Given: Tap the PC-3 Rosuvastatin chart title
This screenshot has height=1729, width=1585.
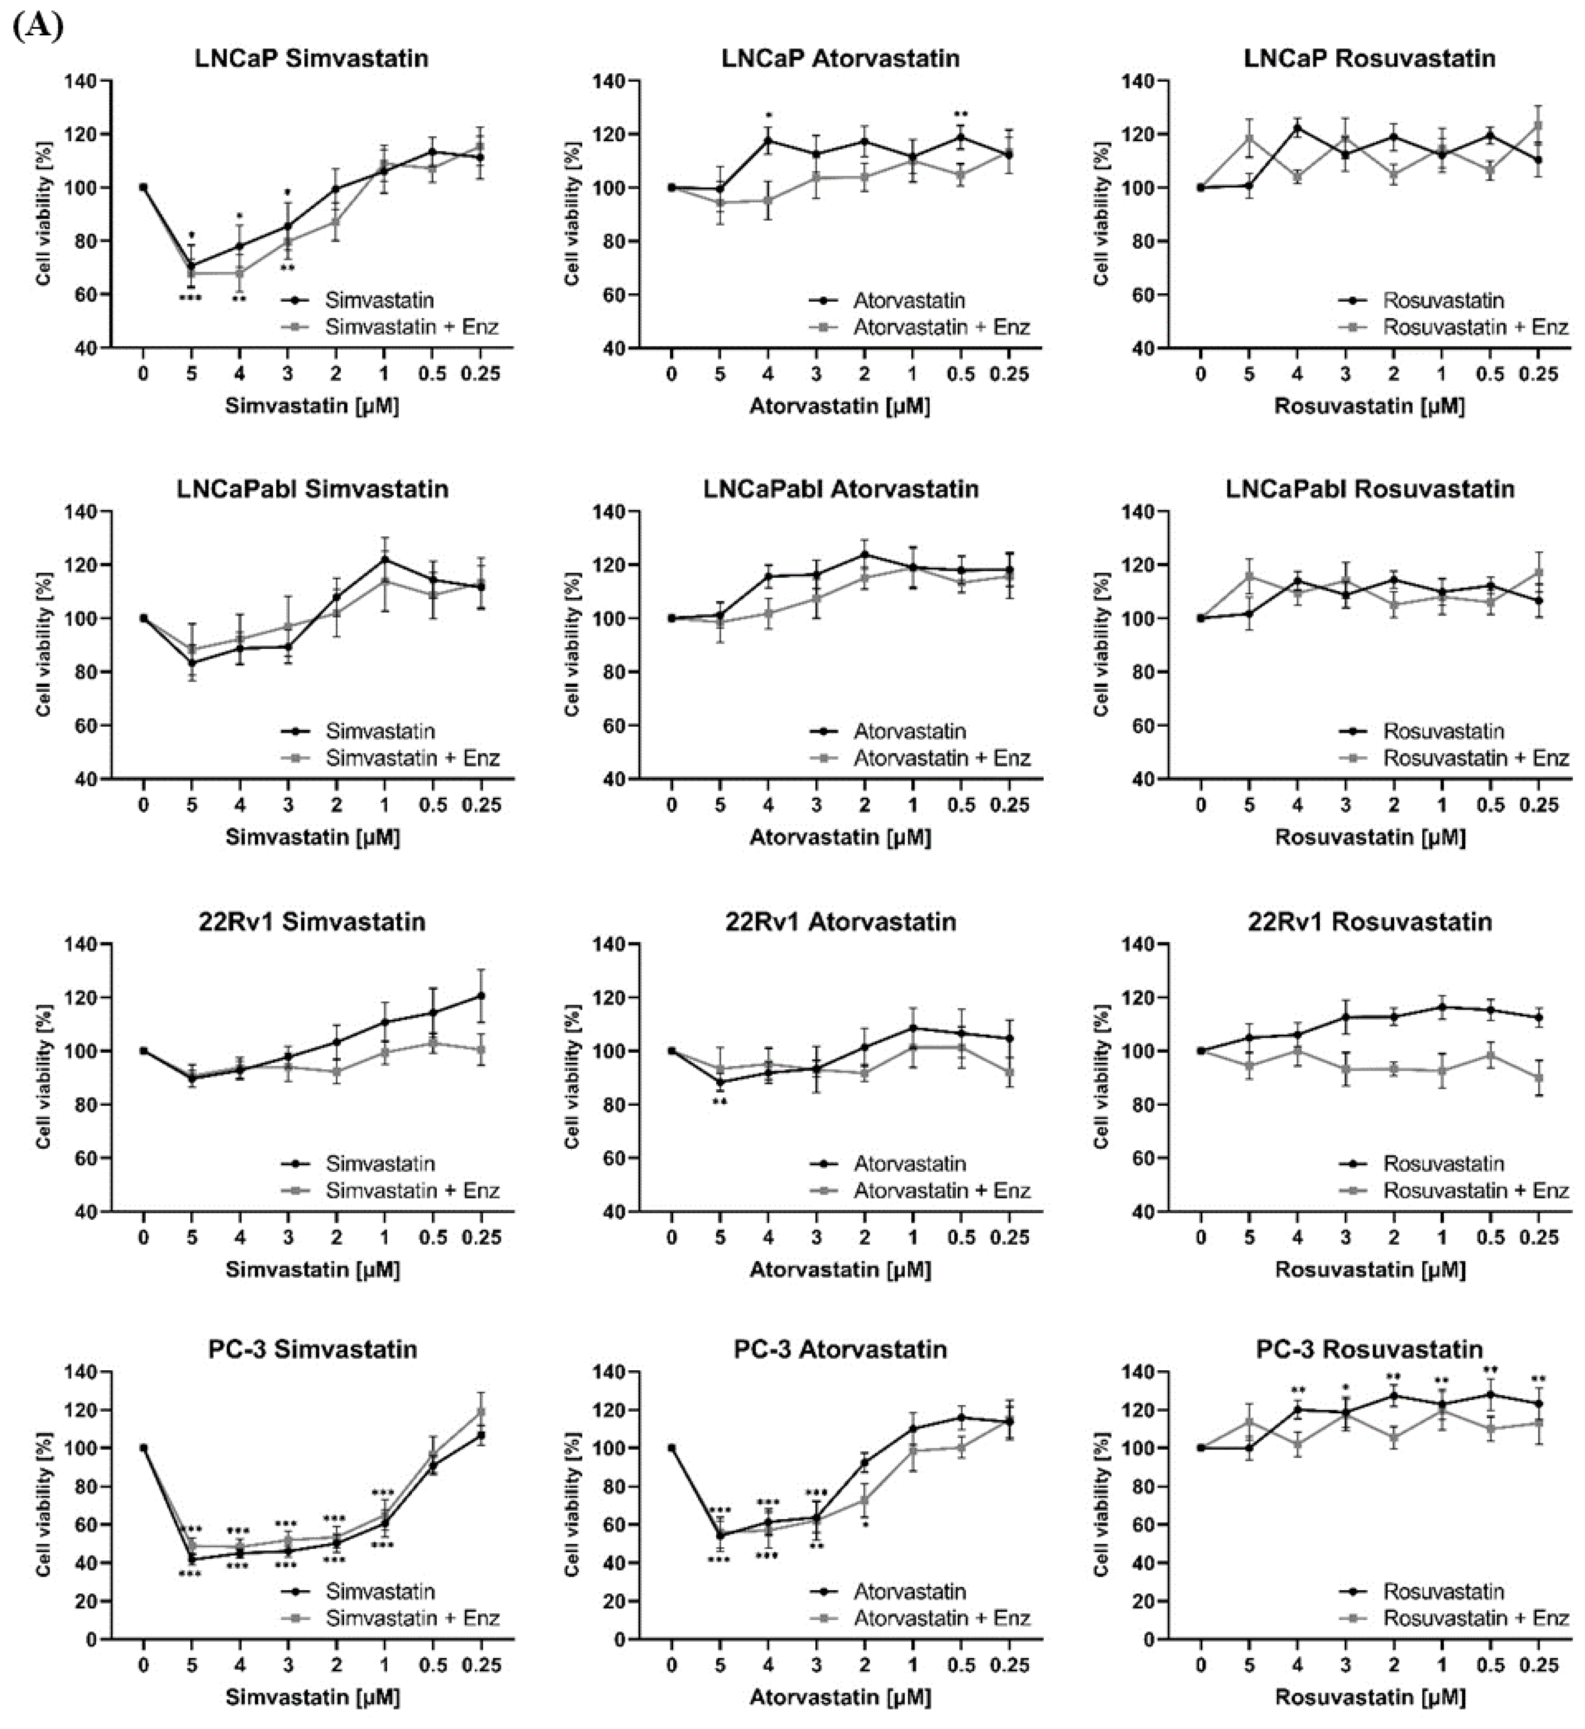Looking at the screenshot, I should click(1369, 1349).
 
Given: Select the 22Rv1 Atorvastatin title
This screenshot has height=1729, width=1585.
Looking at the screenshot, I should click(840, 922).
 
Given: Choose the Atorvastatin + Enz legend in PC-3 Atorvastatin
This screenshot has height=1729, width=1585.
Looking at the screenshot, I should click(941, 1617).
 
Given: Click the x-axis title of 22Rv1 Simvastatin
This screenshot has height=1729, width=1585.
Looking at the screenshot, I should click(312, 1268).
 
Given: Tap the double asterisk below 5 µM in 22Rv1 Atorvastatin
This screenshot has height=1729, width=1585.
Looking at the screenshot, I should click(719, 1102).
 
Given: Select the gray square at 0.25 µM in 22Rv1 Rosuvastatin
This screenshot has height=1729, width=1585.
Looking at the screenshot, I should click(1539, 1077).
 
